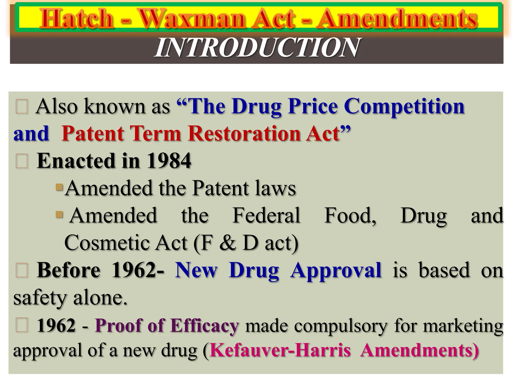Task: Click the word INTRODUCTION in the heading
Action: pyautogui.click(x=257, y=47)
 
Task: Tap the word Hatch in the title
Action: pyautogui.click(x=77, y=18)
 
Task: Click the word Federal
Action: pyautogui.click(x=266, y=215)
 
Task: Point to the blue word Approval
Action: pyautogui.click(x=336, y=270)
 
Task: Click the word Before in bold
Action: pyautogui.click(x=68, y=270)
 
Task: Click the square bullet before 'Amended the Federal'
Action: pyautogui.click(x=59, y=214)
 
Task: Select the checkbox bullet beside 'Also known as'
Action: pyautogui.click(x=21, y=107)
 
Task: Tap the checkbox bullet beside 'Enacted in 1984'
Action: pyautogui.click(x=21, y=161)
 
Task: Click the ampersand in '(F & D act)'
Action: pyautogui.click(x=227, y=243)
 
